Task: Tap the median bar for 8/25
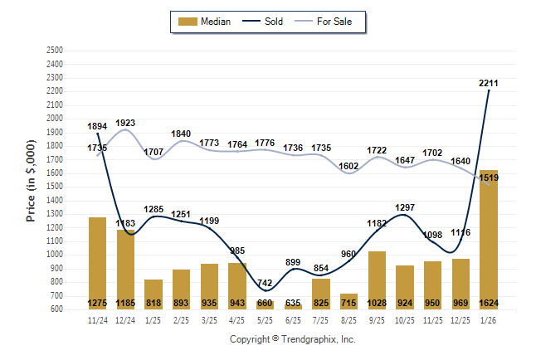(349, 301)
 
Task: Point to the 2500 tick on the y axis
(54, 51)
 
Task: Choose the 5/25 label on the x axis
(266, 319)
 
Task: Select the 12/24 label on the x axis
(126, 319)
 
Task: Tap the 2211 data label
(490, 82)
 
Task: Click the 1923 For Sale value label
(126, 123)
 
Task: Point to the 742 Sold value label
(266, 284)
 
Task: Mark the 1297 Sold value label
(405, 207)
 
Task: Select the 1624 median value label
(489, 303)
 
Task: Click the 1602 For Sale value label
(349, 166)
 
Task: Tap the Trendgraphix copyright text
(292, 339)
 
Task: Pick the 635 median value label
(294, 303)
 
